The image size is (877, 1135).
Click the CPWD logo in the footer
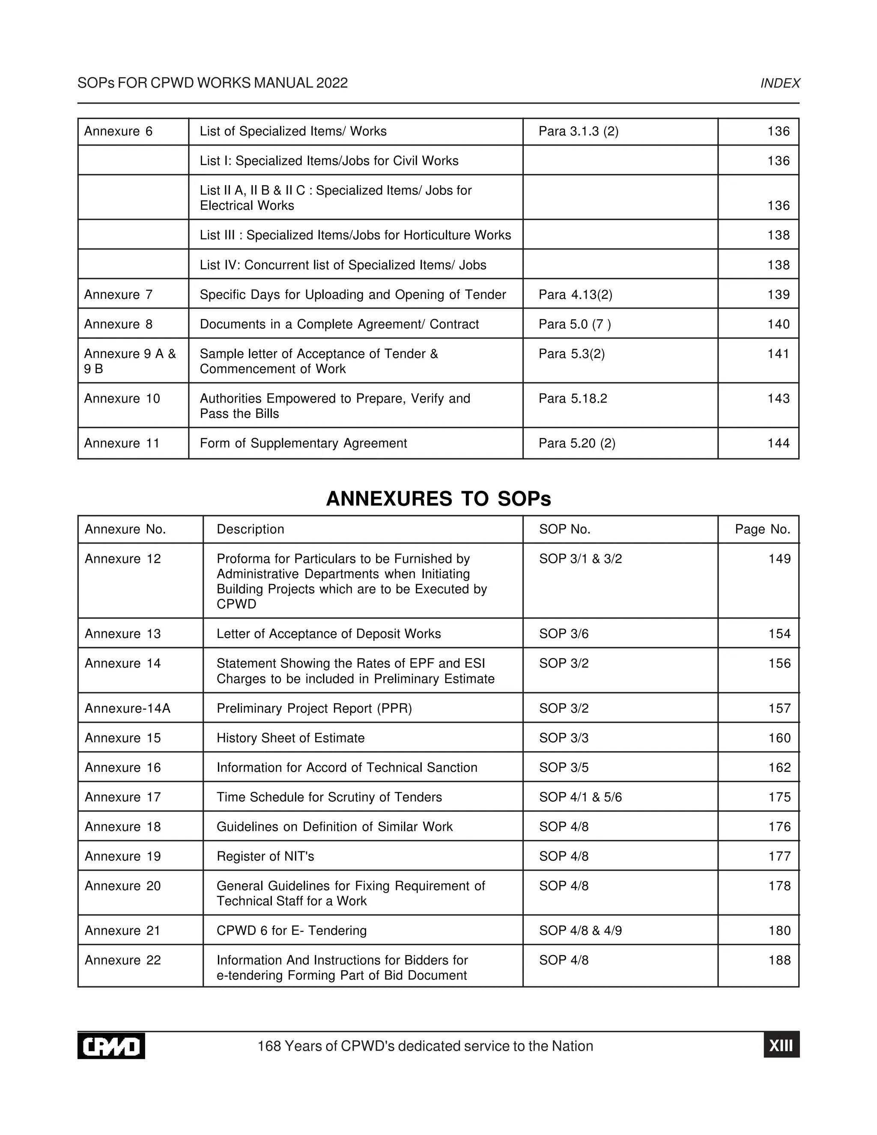click(x=111, y=1045)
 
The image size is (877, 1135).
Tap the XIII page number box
click(x=781, y=1045)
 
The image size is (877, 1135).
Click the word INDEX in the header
click(x=780, y=83)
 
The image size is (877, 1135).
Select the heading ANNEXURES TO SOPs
click(x=438, y=499)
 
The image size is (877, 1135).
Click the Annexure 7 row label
click(x=119, y=295)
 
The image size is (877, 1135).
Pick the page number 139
click(x=778, y=295)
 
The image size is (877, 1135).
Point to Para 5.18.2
click(x=573, y=399)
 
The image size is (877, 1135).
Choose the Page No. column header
click(x=762, y=529)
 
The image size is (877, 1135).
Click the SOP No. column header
click(x=565, y=529)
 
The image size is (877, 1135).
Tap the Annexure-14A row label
click(x=127, y=708)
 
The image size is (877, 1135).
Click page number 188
click(x=779, y=960)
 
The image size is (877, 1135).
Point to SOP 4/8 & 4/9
click(x=580, y=930)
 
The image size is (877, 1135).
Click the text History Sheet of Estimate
click(x=290, y=738)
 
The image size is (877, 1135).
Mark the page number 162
click(x=779, y=768)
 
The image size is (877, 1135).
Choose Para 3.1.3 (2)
click(x=578, y=131)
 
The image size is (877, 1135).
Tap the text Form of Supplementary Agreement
click(x=304, y=443)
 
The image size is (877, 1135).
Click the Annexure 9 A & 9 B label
click(x=130, y=361)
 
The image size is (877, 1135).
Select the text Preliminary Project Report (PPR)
click(x=314, y=708)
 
